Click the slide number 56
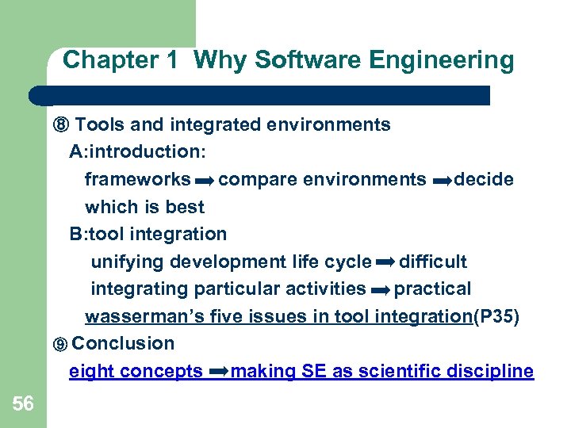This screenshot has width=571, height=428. click(x=23, y=404)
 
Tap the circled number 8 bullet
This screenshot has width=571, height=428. click(x=61, y=125)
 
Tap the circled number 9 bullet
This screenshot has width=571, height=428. click(x=60, y=345)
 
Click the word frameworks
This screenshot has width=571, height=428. click(x=137, y=180)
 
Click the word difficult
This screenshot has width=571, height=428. click(x=433, y=262)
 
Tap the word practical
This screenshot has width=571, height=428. click(x=432, y=289)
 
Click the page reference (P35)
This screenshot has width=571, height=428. click(x=496, y=317)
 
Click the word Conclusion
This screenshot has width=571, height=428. click(x=123, y=344)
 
